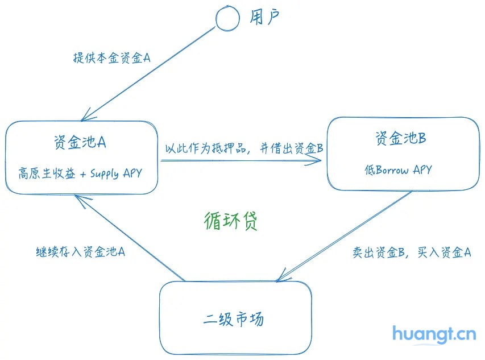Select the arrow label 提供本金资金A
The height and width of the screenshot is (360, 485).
coord(111,58)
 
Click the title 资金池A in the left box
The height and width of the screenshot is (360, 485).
coord(80,142)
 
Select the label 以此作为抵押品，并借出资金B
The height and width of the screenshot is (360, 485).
coord(243,149)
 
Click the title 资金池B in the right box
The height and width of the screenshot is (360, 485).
coord(400,138)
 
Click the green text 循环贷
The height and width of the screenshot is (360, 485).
coord(231,221)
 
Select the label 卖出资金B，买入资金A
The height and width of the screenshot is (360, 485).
coord(412,253)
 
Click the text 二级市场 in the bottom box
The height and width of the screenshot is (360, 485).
coord(234,319)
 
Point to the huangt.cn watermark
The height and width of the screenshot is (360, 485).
coord(434,334)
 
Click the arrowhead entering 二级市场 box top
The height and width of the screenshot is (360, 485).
coord(280,279)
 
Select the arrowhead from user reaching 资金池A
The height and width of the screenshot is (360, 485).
coord(85,117)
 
